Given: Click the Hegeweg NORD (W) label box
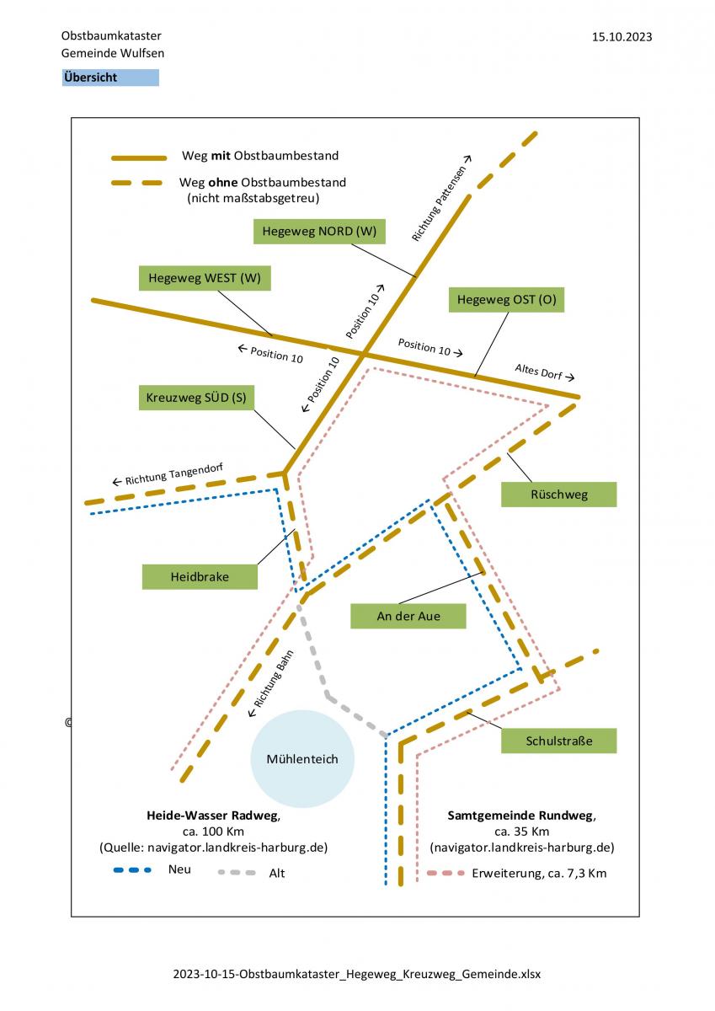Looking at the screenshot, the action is coord(319,232).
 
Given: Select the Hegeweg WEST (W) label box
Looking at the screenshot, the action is coord(205,278).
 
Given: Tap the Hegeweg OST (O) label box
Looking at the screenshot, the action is coord(506,300).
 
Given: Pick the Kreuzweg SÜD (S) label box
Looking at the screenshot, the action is coord(196,398).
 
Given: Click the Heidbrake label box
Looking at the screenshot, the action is coord(200,577).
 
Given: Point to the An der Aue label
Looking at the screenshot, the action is coord(408,616).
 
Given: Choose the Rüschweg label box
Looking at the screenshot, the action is coord(559,495).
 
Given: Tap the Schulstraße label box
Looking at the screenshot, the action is coord(559,741).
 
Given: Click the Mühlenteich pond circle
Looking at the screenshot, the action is coord(302,759).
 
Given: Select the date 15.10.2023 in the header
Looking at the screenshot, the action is coord(622,37).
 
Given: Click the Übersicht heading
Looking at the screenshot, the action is coord(110,78).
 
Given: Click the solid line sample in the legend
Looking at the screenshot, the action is coord(139,158).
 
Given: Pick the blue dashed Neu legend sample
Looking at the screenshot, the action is coord(132,869).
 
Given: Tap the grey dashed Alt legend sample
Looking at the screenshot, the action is coord(237,873).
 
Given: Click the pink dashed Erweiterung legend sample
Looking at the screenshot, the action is coord(446,873).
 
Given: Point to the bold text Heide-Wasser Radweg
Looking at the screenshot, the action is coord(213,816).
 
